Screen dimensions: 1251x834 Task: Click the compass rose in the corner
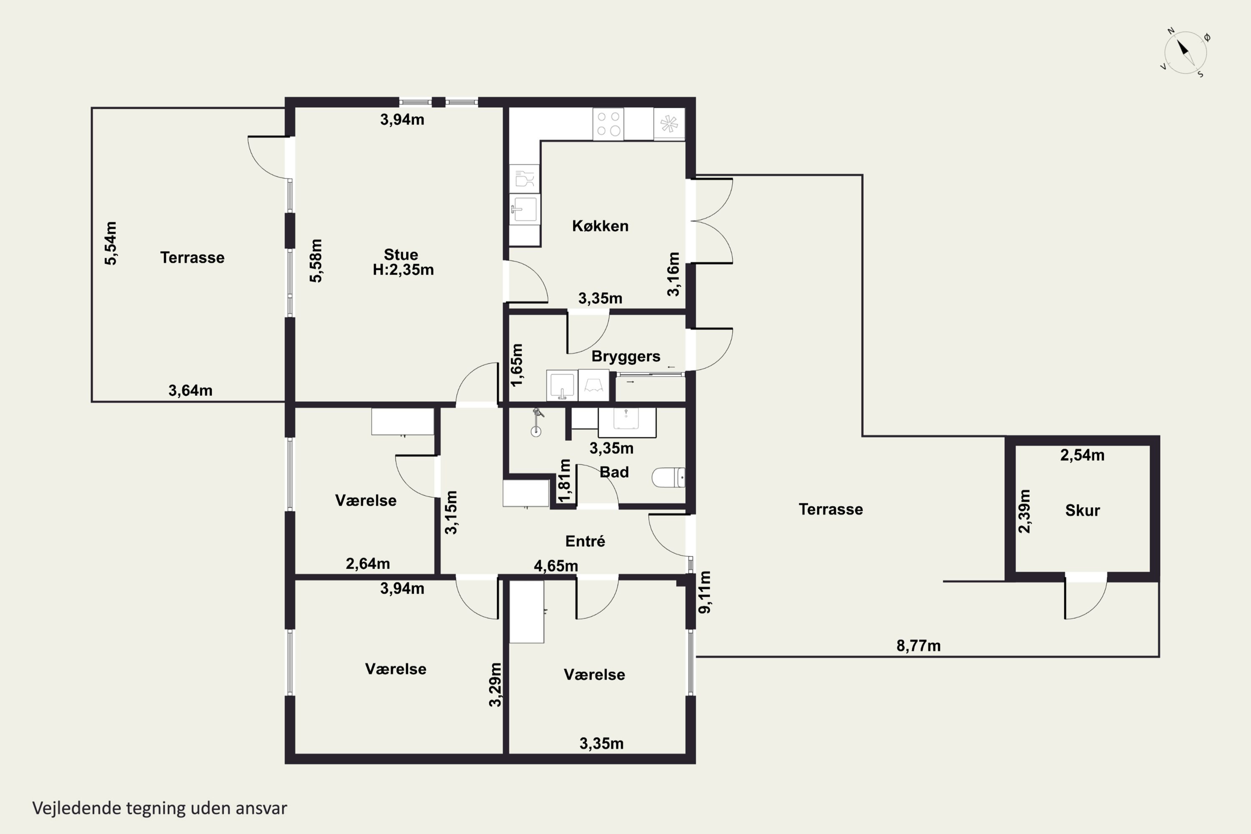1185,52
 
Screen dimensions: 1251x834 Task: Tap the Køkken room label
600,226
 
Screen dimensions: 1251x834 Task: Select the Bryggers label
625,357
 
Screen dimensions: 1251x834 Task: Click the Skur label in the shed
1083,510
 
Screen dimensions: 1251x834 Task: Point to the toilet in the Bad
668,477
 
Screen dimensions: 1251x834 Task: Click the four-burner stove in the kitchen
608,124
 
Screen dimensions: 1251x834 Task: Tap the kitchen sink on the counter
525,208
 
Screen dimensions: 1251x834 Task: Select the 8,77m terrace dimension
919,646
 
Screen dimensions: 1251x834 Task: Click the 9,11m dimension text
704,592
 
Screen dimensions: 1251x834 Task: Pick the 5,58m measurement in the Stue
315,261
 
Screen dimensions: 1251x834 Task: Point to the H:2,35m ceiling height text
403,270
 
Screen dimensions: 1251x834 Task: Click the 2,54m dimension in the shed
1083,455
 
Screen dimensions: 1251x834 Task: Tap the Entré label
585,541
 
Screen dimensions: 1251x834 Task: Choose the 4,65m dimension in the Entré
556,566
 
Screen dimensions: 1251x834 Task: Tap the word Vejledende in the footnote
77,808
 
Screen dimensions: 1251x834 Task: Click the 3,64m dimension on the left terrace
191,390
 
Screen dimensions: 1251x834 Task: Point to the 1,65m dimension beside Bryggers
517,364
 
